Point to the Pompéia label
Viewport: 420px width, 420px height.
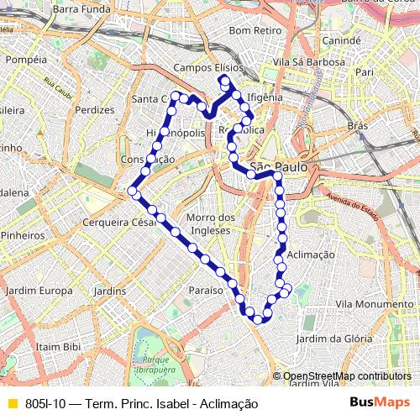pos(26,60)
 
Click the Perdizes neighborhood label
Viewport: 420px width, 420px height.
pos(94,110)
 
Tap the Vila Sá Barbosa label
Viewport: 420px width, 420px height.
pos(315,62)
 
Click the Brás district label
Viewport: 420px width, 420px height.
pos(359,126)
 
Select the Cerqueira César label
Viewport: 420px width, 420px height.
pos(120,223)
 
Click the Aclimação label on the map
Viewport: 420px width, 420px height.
pos(310,254)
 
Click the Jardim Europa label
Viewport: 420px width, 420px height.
pos(39,291)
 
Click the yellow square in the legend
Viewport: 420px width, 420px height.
pos(12,404)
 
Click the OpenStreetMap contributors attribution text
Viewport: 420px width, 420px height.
pos(347,376)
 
